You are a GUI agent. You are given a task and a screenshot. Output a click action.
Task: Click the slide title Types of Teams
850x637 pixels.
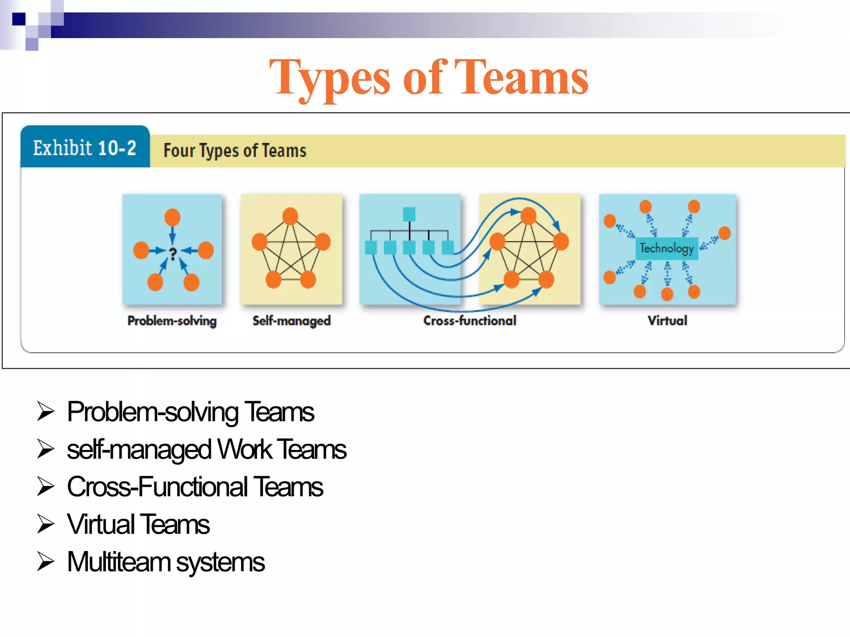click(429, 78)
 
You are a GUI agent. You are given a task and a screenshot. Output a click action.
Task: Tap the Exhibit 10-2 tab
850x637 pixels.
click(85, 148)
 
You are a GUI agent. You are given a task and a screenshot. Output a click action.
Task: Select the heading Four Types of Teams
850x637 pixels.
click(235, 151)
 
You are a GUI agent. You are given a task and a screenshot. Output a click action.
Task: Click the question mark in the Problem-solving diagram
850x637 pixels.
click(173, 253)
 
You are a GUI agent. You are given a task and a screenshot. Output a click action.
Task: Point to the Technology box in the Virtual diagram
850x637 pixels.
click(667, 248)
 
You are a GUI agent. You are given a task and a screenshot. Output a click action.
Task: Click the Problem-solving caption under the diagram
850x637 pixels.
click(172, 321)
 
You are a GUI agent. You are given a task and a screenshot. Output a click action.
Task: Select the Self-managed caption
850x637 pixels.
click(291, 321)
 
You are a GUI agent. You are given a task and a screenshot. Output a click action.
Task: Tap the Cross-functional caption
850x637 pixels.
click(469, 321)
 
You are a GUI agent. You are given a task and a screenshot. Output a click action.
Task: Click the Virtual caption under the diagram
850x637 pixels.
click(667, 321)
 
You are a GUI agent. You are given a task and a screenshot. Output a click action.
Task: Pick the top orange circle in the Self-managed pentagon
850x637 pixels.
click(290, 216)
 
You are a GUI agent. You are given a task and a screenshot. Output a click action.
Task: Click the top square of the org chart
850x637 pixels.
click(409, 214)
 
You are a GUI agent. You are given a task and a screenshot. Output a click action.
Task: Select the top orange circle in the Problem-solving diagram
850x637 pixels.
click(172, 217)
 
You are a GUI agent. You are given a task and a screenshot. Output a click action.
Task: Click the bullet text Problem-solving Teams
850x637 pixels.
click(191, 412)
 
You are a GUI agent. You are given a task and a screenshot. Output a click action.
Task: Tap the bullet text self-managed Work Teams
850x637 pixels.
click(206, 450)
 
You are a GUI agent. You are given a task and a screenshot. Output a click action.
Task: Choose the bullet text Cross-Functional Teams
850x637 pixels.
click(195, 487)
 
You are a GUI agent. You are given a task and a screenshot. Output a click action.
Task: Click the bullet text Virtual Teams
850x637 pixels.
click(138, 524)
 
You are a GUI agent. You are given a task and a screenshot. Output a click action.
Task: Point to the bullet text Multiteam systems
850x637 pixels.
click(166, 562)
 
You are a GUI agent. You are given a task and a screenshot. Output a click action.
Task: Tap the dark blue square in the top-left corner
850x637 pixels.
click(19, 19)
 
